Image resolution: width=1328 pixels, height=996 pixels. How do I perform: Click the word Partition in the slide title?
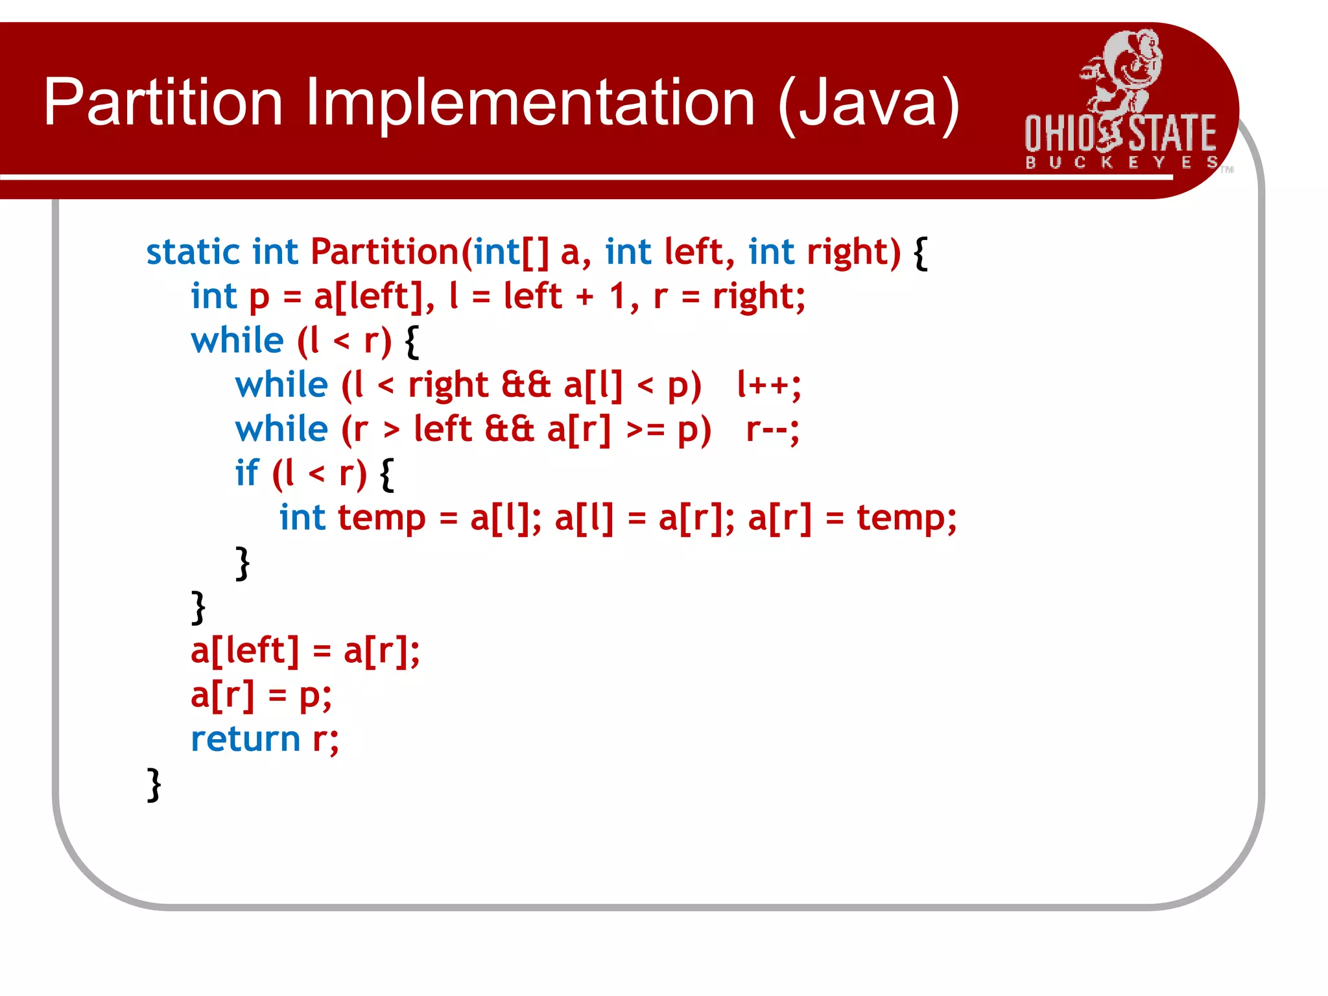click(163, 102)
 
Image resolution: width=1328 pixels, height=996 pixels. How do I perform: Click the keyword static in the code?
click(193, 252)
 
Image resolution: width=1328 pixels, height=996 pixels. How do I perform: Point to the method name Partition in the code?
click(385, 252)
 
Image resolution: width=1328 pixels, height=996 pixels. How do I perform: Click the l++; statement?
click(769, 385)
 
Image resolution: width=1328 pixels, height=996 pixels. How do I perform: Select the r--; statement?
click(772, 429)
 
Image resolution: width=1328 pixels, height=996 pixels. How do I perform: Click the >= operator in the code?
click(645, 431)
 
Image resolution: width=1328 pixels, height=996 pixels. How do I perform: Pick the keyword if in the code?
click(246, 473)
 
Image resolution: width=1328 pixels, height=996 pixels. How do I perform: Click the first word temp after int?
click(381, 519)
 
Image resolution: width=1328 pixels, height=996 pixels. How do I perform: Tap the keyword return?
click(245, 739)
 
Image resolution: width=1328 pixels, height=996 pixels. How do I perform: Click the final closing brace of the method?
click(154, 785)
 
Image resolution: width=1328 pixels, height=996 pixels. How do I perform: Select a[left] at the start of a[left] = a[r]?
click(245, 650)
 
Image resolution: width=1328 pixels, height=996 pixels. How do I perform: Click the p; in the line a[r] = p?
click(315, 696)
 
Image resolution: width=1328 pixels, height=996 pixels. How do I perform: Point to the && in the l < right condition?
click(526, 385)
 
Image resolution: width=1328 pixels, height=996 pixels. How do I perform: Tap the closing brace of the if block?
click(243, 563)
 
